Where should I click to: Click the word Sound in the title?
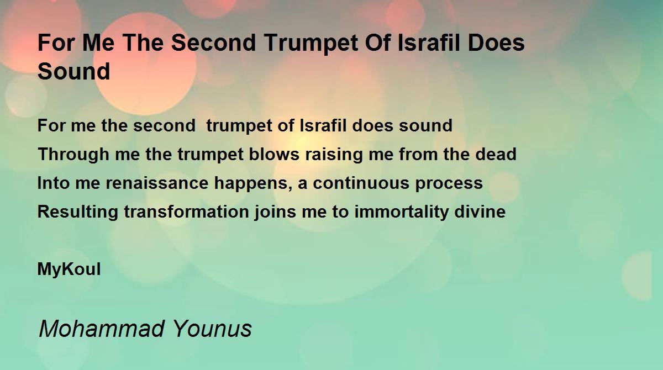coord(74,71)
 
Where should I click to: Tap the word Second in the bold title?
coord(213,43)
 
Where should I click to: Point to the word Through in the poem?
coord(73,155)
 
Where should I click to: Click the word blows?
coord(274,154)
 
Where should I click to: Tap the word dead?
coord(496,154)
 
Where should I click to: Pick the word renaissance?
coord(157,183)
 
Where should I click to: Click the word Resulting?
coord(77,212)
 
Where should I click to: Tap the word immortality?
coord(401,212)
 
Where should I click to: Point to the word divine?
coord(480,212)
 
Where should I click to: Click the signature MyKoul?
coord(69,269)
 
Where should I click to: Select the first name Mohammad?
coord(102,329)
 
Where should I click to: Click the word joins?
coord(275,212)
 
